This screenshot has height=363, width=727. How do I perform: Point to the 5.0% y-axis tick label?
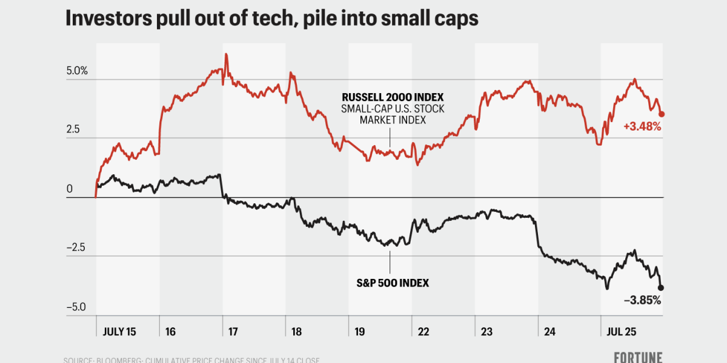(x=77, y=71)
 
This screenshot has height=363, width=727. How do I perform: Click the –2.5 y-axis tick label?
(x=75, y=248)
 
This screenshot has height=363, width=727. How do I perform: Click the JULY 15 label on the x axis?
(x=119, y=332)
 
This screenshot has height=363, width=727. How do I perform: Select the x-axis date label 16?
(x=170, y=332)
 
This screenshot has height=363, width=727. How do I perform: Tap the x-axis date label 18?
(x=296, y=332)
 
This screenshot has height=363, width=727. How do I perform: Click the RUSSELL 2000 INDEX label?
(x=393, y=97)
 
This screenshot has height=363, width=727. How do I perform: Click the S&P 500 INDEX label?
(x=393, y=282)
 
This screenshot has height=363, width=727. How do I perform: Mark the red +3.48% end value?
(x=642, y=127)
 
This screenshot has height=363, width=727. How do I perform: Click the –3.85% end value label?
(x=642, y=300)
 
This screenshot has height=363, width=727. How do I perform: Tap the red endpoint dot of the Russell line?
(x=662, y=114)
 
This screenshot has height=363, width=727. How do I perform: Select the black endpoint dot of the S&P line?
(x=661, y=288)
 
